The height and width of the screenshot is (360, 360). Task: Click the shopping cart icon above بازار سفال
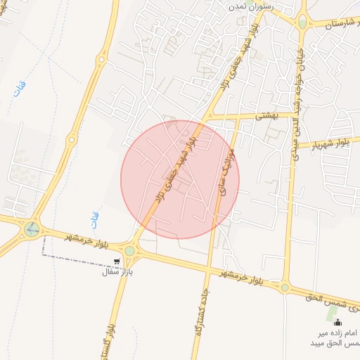pos(117,260)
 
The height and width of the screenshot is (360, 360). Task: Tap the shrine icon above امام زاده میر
pos(337,323)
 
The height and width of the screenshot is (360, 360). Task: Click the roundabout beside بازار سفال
pos(130,250)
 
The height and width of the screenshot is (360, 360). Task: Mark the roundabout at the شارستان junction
pos(302,22)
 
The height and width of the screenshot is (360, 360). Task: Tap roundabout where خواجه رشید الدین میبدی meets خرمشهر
pos(285,287)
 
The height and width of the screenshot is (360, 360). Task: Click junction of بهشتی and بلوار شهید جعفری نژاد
pos(210,115)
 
